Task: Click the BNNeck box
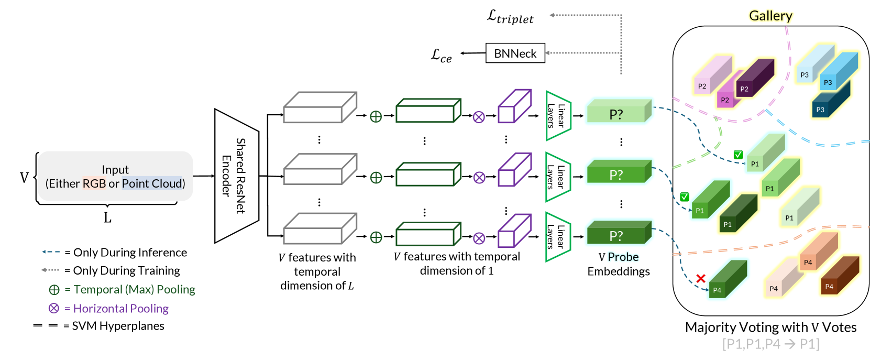pos(515,53)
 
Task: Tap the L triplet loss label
pos(510,17)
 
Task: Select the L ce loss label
pos(441,55)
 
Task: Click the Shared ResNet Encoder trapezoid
pos(237,176)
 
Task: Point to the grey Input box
pos(115,176)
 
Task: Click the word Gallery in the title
pos(770,16)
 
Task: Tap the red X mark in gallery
pos(701,278)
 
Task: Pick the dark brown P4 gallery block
pos(840,276)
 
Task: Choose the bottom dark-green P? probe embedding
pos(619,233)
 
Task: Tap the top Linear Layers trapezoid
pos(558,115)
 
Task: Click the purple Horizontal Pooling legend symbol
pos(53,308)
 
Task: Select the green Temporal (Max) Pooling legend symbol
pos(54,290)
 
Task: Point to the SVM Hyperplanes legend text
pos(118,326)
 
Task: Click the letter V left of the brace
pos(24,177)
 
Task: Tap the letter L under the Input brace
pos(107,217)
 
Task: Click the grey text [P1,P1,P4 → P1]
pos(770,344)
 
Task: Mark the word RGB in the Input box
pos(94,183)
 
